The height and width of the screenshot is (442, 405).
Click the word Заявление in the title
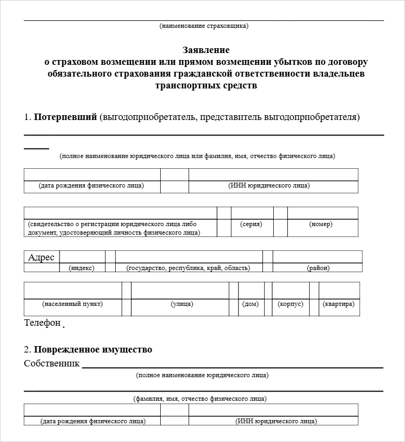click(206, 50)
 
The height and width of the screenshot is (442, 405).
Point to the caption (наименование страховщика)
click(204, 26)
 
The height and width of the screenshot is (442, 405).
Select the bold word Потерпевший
click(65, 117)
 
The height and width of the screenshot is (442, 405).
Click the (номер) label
click(320, 224)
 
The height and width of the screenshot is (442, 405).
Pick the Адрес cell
click(41, 257)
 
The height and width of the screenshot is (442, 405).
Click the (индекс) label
click(81, 268)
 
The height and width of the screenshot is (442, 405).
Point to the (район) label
click(318, 268)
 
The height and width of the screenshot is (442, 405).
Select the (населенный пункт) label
click(72, 304)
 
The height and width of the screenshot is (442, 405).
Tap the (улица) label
click(182, 304)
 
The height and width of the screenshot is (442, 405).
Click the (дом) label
click(250, 304)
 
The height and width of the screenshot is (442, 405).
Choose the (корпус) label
click(290, 304)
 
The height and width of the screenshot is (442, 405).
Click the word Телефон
click(42, 323)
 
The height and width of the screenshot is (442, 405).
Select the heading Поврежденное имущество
click(93, 349)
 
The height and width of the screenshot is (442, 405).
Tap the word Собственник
click(52, 364)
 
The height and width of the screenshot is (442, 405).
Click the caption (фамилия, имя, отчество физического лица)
click(200, 399)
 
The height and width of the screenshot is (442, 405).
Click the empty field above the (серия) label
click(252, 213)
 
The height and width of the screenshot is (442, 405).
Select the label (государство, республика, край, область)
click(188, 268)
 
